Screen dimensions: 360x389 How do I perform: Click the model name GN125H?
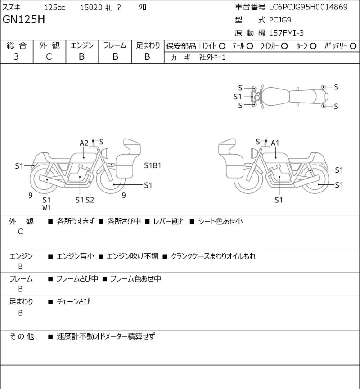pos(24,19)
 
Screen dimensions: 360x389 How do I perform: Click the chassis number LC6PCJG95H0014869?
pos(308,7)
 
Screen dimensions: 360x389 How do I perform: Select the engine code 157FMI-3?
pos(286,33)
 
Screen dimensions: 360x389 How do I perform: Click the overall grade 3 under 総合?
pos(16,57)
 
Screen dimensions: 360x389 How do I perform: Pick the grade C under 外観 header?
pos(49,57)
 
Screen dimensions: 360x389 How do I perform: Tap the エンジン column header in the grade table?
pos(82,45)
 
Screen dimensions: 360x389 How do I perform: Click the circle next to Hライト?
pos(222,46)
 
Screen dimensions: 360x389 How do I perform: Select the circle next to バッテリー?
pos(353,46)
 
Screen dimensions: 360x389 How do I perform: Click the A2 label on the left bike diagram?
pos(84,143)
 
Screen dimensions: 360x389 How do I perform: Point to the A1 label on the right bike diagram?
pos(275,143)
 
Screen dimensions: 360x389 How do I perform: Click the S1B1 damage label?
pos(153,165)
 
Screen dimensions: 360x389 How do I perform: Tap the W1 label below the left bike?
pos(46,208)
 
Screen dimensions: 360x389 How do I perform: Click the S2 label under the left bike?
pos(90,200)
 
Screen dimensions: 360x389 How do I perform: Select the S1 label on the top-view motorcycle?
pos(238,97)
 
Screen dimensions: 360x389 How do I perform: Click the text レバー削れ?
pos(169,221)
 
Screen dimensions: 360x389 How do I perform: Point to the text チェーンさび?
pos(73,302)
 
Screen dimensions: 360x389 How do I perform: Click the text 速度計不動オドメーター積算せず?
pos(106,336)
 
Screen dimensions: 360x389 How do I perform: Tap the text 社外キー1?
pos(212,58)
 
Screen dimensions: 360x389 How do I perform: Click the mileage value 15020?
pos(91,8)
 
